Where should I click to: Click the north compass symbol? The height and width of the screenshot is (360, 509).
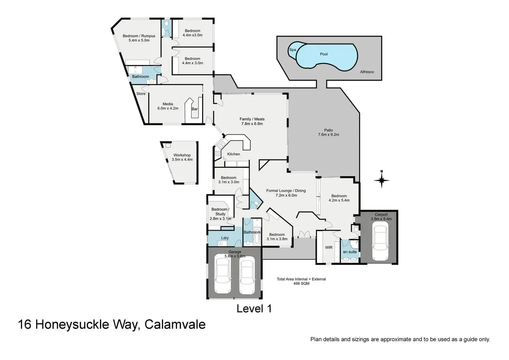coord(381,180)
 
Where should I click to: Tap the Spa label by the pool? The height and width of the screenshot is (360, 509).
coord(293,50)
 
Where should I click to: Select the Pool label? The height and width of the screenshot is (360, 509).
coord(324,54)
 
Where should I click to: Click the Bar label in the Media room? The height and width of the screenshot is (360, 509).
coord(195,109)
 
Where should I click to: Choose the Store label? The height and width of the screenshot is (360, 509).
coord(141,94)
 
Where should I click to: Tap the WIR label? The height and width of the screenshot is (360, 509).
coord(328,248)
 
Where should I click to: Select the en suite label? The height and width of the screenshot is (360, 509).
coord(350,252)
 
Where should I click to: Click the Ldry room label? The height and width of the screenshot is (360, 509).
coord(225,238)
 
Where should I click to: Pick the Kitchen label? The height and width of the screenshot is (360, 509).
coord(233,154)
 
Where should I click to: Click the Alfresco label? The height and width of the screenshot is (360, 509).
coord(367,72)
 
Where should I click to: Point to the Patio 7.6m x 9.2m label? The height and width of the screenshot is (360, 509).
coord(328,132)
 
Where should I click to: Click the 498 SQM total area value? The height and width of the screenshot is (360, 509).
coord(301,284)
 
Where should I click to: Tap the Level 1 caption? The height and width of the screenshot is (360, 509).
coord(254,309)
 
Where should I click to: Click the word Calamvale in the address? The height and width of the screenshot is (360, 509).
coord(175,325)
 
